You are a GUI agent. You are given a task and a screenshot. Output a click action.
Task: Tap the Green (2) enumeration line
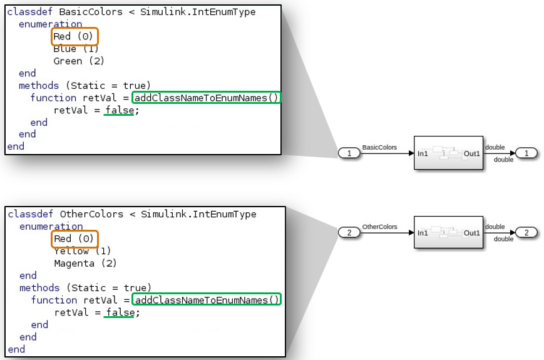(x=79, y=61)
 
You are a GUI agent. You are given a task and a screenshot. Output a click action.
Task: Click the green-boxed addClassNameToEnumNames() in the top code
(x=207, y=98)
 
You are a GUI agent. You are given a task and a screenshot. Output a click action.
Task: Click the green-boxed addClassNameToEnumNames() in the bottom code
(x=207, y=300)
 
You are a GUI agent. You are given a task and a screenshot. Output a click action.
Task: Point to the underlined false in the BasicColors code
(x=119, y=110)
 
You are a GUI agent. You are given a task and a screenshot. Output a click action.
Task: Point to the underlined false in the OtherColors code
(x=119, y=312)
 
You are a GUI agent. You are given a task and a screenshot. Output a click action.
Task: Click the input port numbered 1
(x=349, y=153)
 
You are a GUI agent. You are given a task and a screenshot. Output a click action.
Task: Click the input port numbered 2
(x=349, y=233)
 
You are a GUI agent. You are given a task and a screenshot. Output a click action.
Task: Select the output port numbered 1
(x=526, y=153)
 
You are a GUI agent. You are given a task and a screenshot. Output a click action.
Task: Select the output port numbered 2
(x=526, y=233)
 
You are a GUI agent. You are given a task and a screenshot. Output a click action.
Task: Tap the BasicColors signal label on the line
(x=379, y=148)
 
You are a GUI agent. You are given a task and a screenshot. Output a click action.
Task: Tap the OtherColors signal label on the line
(x=379, y=227)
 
